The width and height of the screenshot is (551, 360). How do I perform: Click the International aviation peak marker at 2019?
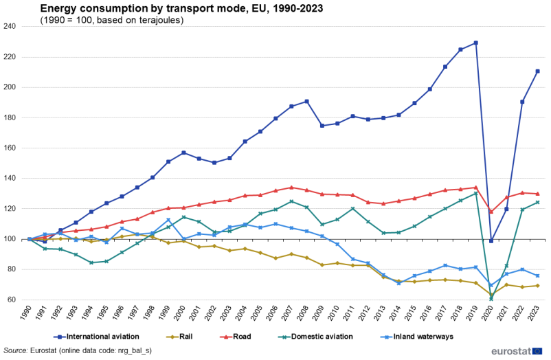pos(475,43)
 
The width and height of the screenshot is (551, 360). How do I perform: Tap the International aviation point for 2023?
pos(537,71)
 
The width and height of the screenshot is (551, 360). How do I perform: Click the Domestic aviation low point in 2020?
pos(491,299)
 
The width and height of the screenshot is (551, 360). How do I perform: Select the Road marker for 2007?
pos(291,188)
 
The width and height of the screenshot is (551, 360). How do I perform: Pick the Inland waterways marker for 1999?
pos(168,220)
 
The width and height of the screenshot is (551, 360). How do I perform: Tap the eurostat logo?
pos(518,350)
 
